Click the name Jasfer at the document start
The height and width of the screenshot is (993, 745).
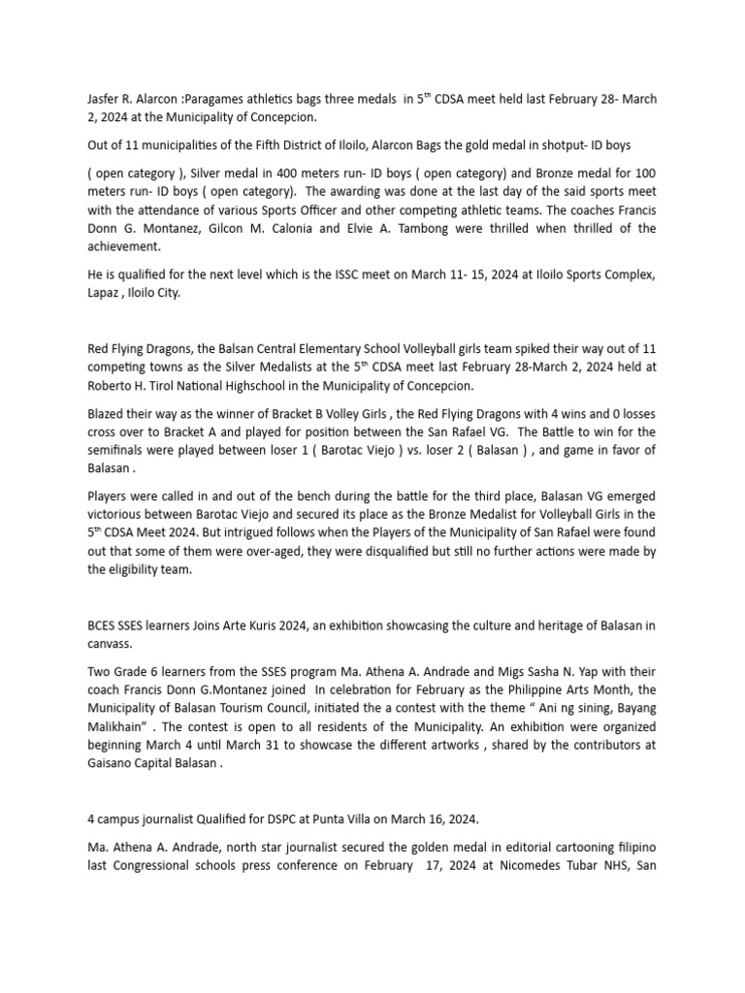coord(105,98)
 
